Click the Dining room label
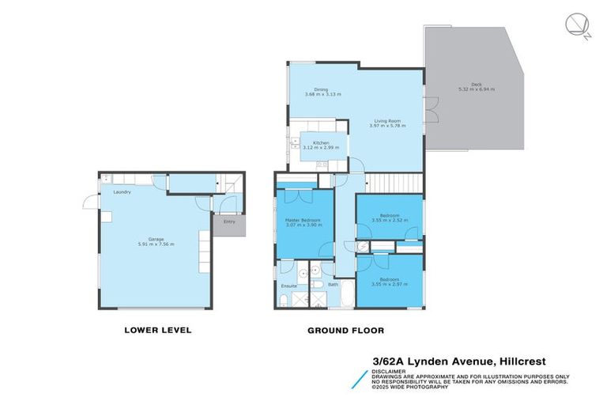[321, 89]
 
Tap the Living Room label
[387, 121]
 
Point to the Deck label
[476, 85]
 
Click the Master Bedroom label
[303, 219]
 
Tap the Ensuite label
[288, 285]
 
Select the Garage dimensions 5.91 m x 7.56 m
[156, 244]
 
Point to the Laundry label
[122, 192]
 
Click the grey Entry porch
[230, 225]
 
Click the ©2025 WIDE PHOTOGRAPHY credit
[412, 388]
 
